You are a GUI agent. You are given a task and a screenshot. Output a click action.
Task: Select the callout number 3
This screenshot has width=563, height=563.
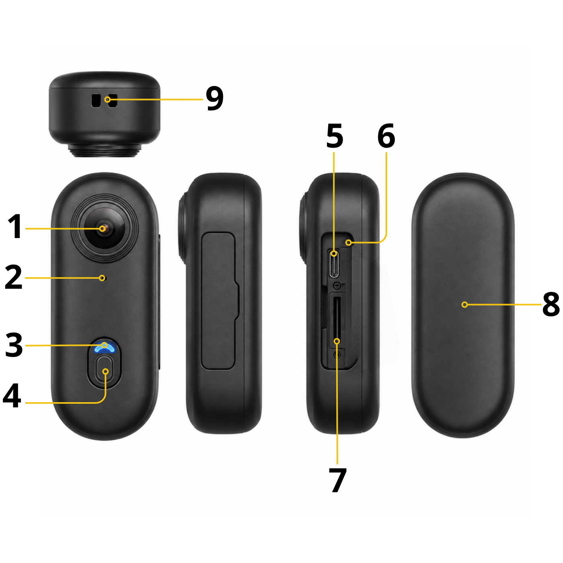[14, 345]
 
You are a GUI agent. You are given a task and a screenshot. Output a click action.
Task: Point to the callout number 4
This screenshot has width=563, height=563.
[12, 395]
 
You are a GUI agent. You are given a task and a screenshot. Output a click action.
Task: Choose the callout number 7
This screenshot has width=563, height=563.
[338, 480]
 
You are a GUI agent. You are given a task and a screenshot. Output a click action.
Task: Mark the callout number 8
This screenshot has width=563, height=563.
[551, 305]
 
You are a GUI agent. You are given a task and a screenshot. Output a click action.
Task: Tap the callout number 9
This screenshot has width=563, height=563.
[215, 99]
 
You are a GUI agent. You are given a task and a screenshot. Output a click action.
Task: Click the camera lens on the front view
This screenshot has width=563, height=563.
[105, 228]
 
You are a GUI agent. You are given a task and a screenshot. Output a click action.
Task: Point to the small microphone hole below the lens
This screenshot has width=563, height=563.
[102, 278]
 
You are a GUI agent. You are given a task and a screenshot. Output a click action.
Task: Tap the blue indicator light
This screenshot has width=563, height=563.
[104, 347]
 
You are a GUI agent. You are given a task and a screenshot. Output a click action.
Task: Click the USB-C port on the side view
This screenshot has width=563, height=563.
[334, 263]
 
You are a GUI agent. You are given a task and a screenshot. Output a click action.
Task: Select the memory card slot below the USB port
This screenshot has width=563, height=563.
[337, 320]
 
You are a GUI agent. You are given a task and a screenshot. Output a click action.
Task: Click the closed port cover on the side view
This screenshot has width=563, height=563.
[220, 301]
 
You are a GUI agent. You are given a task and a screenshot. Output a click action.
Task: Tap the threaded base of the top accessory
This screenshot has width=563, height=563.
[105, 150]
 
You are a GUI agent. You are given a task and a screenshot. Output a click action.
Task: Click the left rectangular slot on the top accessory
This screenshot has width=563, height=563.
[95, 101]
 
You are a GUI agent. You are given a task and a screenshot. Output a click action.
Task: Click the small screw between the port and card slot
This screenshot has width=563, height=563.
[338, 286]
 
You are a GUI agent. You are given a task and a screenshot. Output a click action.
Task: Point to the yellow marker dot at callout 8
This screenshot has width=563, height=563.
[464, 305]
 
